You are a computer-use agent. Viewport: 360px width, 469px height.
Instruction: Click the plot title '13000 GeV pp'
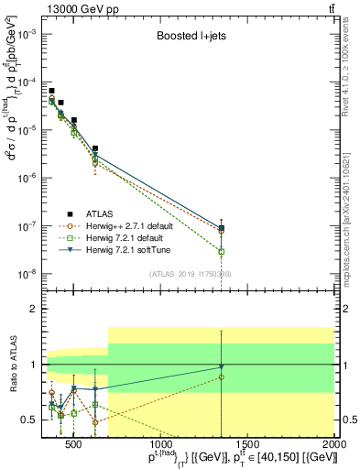pyautogui.click(x=80, y=8)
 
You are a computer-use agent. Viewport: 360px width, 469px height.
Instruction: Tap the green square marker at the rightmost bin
pyautogui.click(x=222, y=251)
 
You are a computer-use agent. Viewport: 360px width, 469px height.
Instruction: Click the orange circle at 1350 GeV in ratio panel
pyautogui.click(x=222, y=376)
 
